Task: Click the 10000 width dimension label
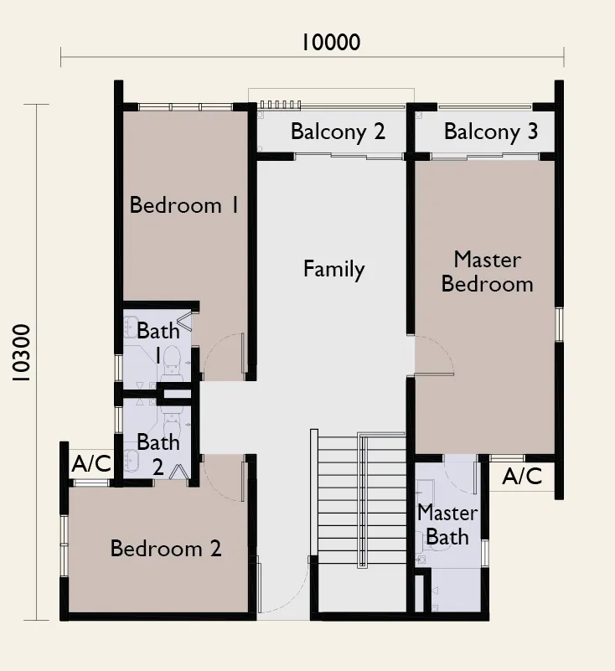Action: point(331,43)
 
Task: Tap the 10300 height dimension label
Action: point(21,353)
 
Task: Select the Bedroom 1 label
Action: point(184,205)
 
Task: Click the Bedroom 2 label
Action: point(166,548)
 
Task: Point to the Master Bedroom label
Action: point(488,271)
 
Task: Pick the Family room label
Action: point(333,270)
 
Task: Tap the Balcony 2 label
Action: point(339,132)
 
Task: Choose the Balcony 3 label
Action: point(491,132)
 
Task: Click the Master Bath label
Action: point(447,524)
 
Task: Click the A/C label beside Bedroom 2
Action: point(91,463)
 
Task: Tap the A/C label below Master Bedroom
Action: point(522,477)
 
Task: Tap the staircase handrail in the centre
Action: point(362,500)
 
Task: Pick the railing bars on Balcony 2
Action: point(281,105)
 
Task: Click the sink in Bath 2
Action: point(131,462)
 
